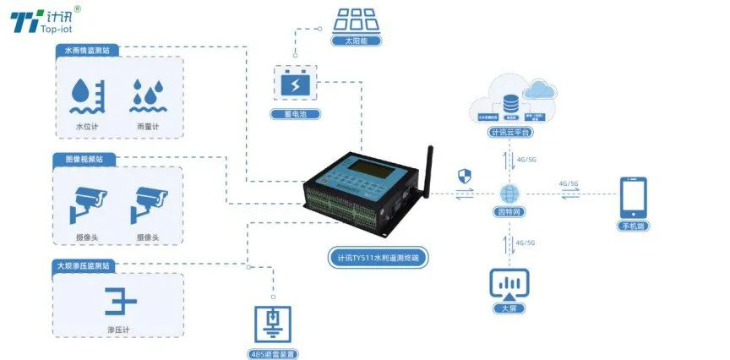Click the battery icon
tap(295, 85)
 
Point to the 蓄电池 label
tap(295, 113)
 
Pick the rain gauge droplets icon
tap(147, 96)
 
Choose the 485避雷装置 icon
tap(273, 323)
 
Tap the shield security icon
tap(463, 176)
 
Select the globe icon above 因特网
tap(511, 193)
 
